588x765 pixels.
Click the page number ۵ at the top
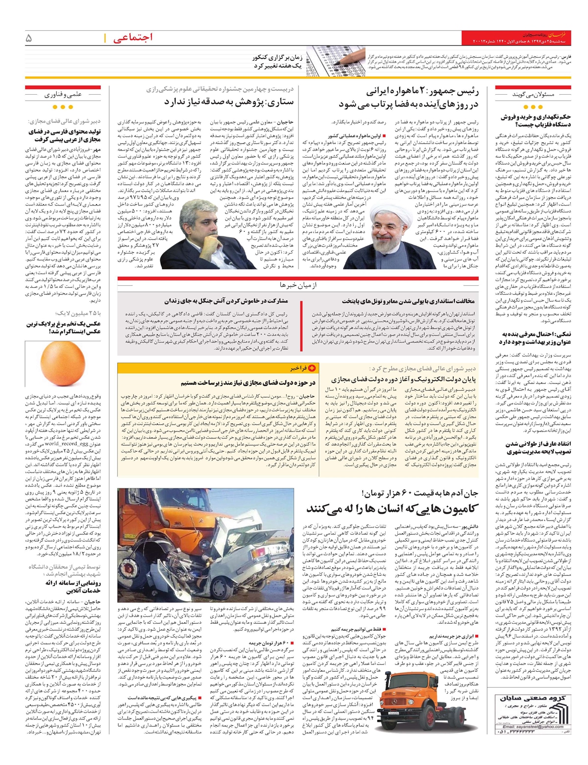coord(29,37)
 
